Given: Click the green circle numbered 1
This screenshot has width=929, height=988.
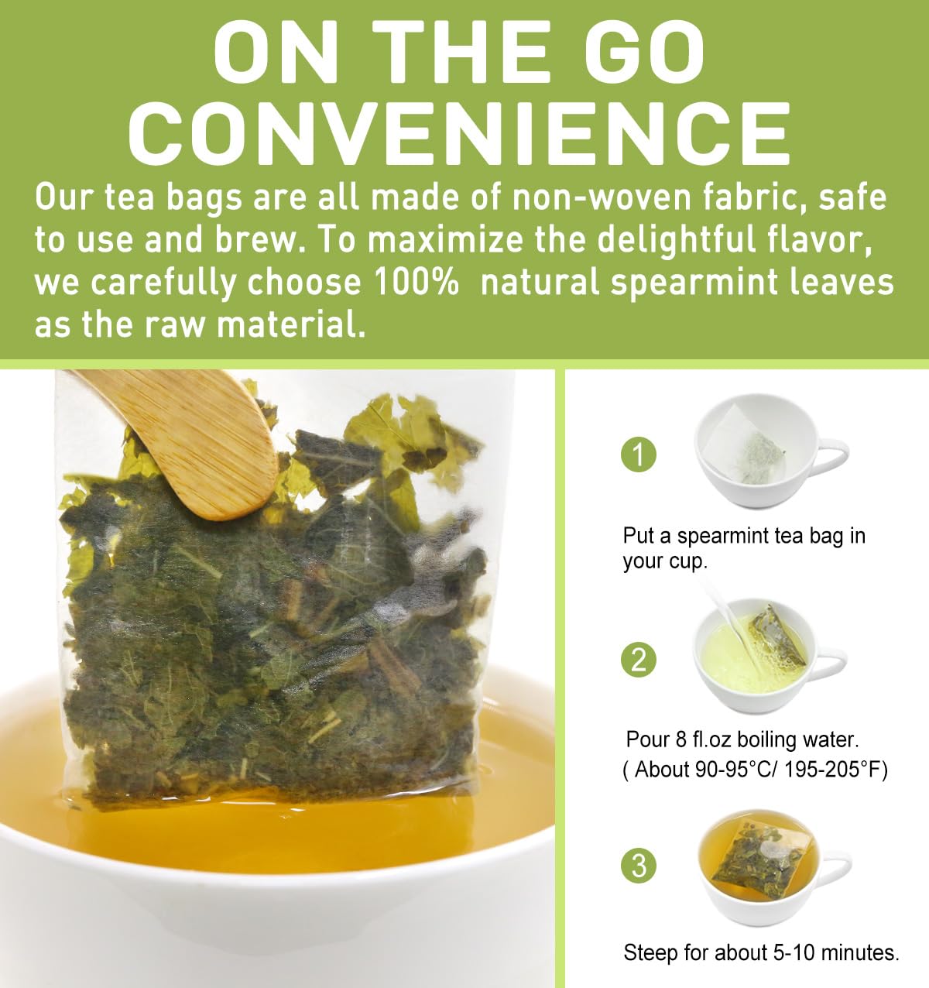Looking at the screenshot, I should coord(639,455).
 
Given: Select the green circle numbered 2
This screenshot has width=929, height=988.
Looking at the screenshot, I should coord(639,660).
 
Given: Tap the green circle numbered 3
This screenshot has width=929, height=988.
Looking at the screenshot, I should coord(639,865).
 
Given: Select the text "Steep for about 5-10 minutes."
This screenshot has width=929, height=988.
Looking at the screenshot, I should coord(761,952).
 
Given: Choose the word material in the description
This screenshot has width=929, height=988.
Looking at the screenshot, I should coord(291,325).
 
